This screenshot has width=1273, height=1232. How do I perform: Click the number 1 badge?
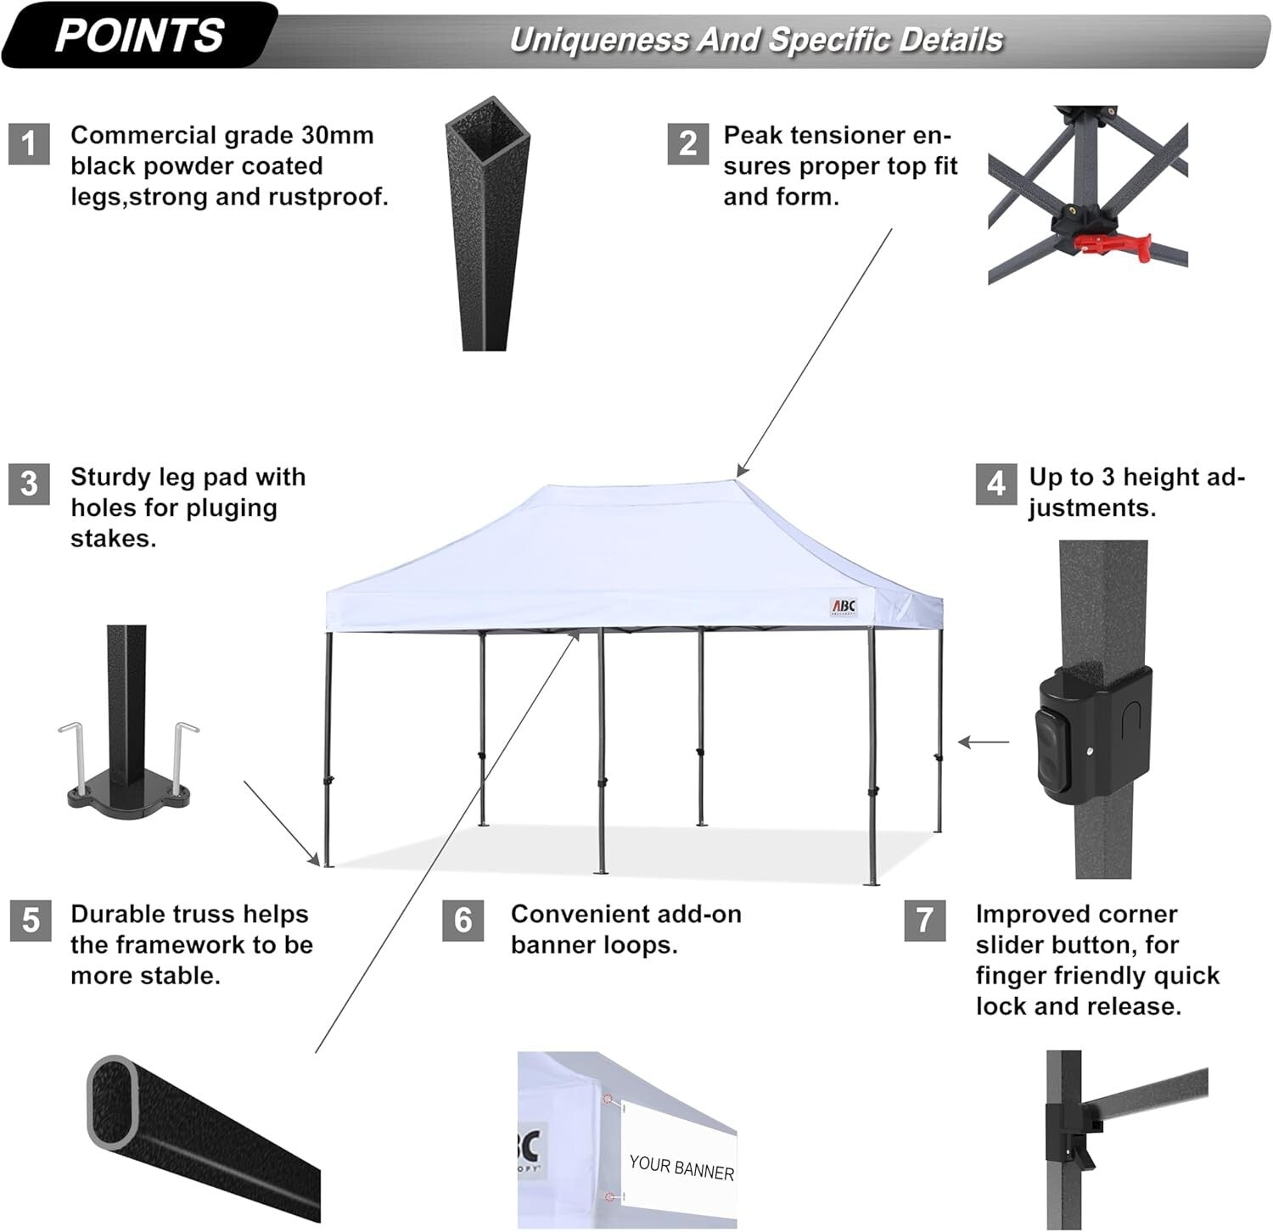30,143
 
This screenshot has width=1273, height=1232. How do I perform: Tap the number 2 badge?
687,143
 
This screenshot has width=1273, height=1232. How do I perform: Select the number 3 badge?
30,484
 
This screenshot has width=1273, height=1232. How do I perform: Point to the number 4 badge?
995,484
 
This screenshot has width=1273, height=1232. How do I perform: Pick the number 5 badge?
31,921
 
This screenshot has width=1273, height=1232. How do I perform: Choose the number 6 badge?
463,921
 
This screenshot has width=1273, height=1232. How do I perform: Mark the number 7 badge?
924,921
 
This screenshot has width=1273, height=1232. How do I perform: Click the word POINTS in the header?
139,36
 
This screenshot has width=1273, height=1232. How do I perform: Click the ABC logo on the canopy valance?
844,607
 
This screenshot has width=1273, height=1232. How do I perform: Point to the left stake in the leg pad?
71,755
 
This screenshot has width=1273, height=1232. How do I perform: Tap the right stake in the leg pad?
183,755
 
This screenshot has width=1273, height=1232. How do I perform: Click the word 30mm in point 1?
337,136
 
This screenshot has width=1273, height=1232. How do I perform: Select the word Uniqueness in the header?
598,40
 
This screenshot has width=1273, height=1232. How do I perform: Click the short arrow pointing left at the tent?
984,742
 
